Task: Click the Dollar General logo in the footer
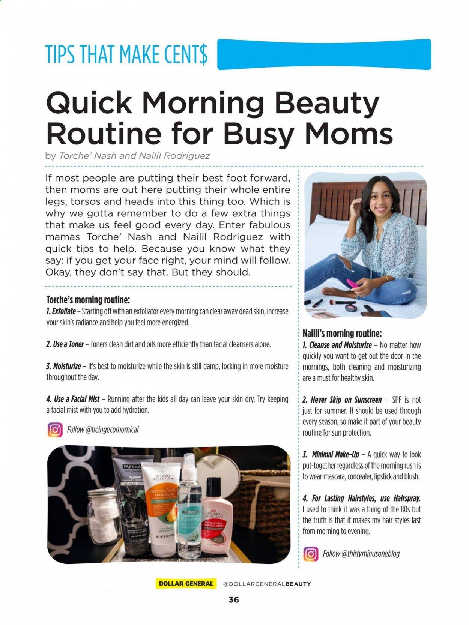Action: [x=186, y=584]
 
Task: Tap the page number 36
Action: [x=234, y=600]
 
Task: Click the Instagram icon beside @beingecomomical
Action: [x=55, y=430]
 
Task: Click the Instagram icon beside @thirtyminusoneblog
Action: [x=310, y=554]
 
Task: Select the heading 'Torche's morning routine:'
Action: [x=88, y=300]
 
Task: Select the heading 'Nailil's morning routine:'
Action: [x=342, y=333]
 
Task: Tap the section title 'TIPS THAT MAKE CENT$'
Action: [x=126, y=54]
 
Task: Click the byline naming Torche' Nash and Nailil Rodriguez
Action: [x=128, y=156]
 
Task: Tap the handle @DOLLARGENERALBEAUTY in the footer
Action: [x=267, y=584]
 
